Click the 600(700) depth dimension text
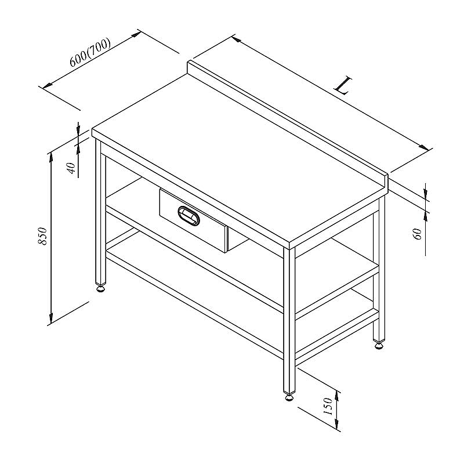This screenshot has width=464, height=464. (x=90, y=52)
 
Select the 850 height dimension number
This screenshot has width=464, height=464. (x=43, y=236)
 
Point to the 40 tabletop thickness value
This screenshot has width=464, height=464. (x=71, y=168)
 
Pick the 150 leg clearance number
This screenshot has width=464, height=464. (x=328, y=406)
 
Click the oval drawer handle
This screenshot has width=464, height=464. (x=188, y=216)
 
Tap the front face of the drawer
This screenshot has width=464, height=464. (x=193, y=220)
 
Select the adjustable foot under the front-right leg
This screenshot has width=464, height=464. (x=289, y=397)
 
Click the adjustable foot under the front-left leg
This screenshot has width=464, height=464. (x=101, y=288)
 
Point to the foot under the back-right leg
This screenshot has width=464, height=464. (x=379, y=345)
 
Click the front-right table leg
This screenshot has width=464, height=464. (x=289, y=320)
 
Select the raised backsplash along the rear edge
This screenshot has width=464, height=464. (x=287, y=124)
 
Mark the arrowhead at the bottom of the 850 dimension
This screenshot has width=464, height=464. (x=51, y=318)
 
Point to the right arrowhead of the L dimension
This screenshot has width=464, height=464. (x=424, y=147)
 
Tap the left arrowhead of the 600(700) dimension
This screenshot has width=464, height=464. (x=48, y=85)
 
